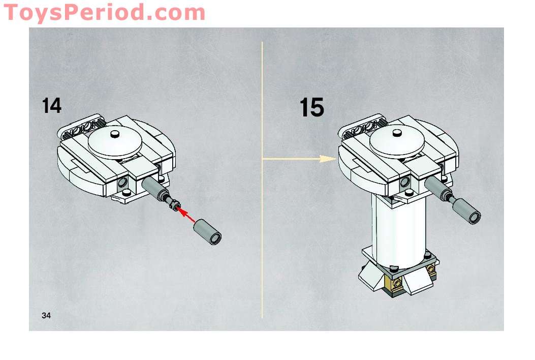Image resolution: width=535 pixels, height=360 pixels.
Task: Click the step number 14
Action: pos(52,106)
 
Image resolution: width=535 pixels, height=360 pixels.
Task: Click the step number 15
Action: pos(311,108)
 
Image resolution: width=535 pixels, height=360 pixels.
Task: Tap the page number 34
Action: pos(46,316)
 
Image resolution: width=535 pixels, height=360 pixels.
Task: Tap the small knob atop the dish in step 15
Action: pos(397,134)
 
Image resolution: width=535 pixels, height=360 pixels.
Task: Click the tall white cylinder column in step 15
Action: pos(398,229)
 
